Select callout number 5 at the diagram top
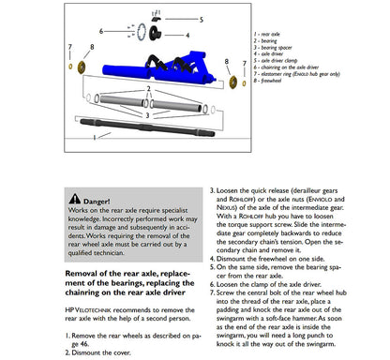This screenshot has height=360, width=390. tap(202, 18)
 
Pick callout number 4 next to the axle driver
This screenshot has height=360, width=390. tap(187, 36)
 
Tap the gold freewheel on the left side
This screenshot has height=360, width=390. tap(82, 68)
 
